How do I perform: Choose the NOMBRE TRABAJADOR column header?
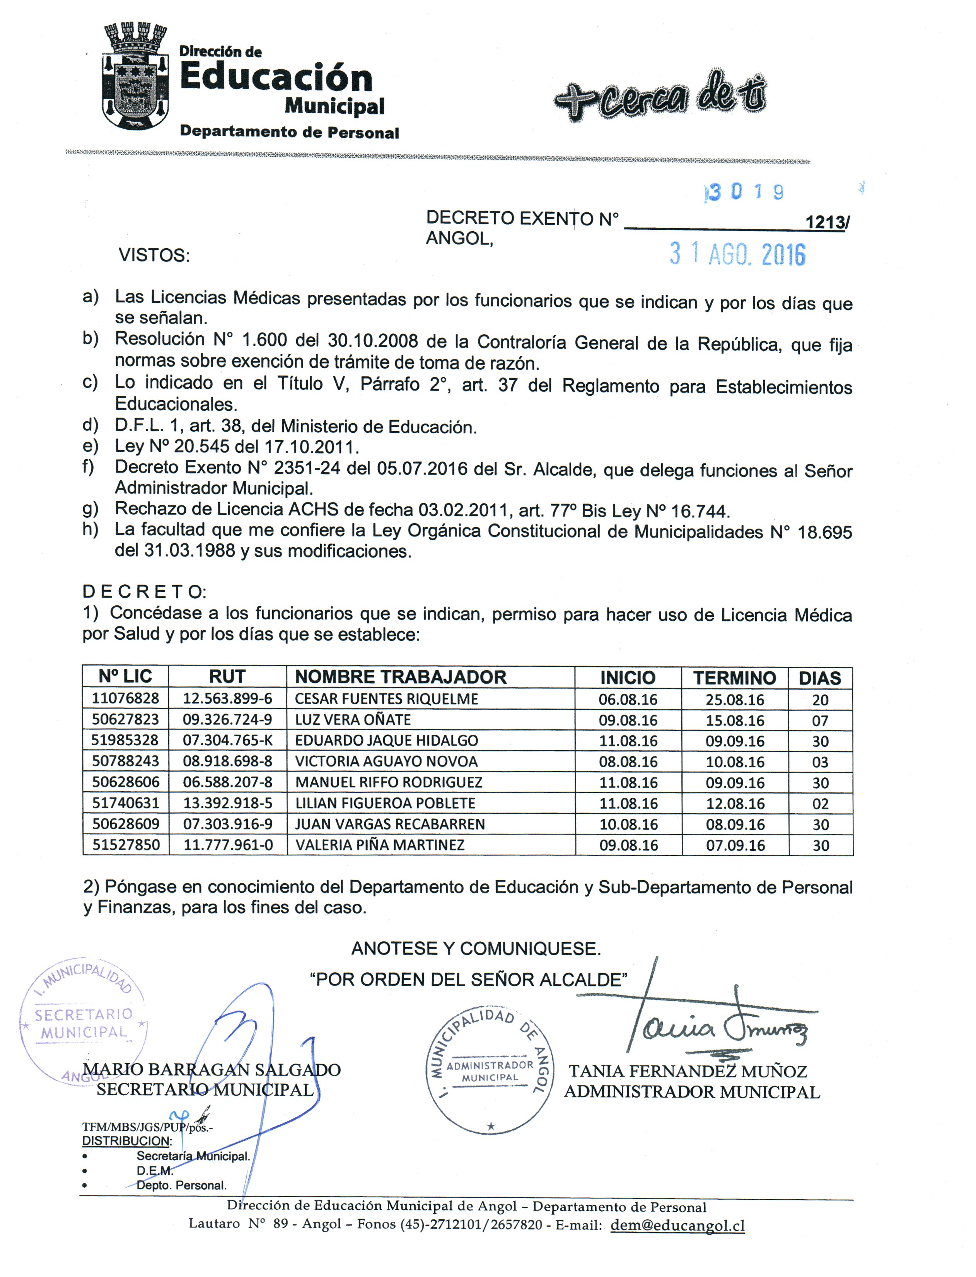(x=401, y=677)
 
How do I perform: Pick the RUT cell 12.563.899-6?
(x=227, y=698)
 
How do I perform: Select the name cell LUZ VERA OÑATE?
(x=353, y=719)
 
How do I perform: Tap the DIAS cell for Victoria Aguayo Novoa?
(x=820, y=761)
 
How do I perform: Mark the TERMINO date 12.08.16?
(x=735, y=804)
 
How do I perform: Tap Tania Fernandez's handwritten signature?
(x=720, y=1027)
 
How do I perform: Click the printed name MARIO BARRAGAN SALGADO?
(x=212, y=1070)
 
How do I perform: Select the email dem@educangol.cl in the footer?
(x=677, y=1225)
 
